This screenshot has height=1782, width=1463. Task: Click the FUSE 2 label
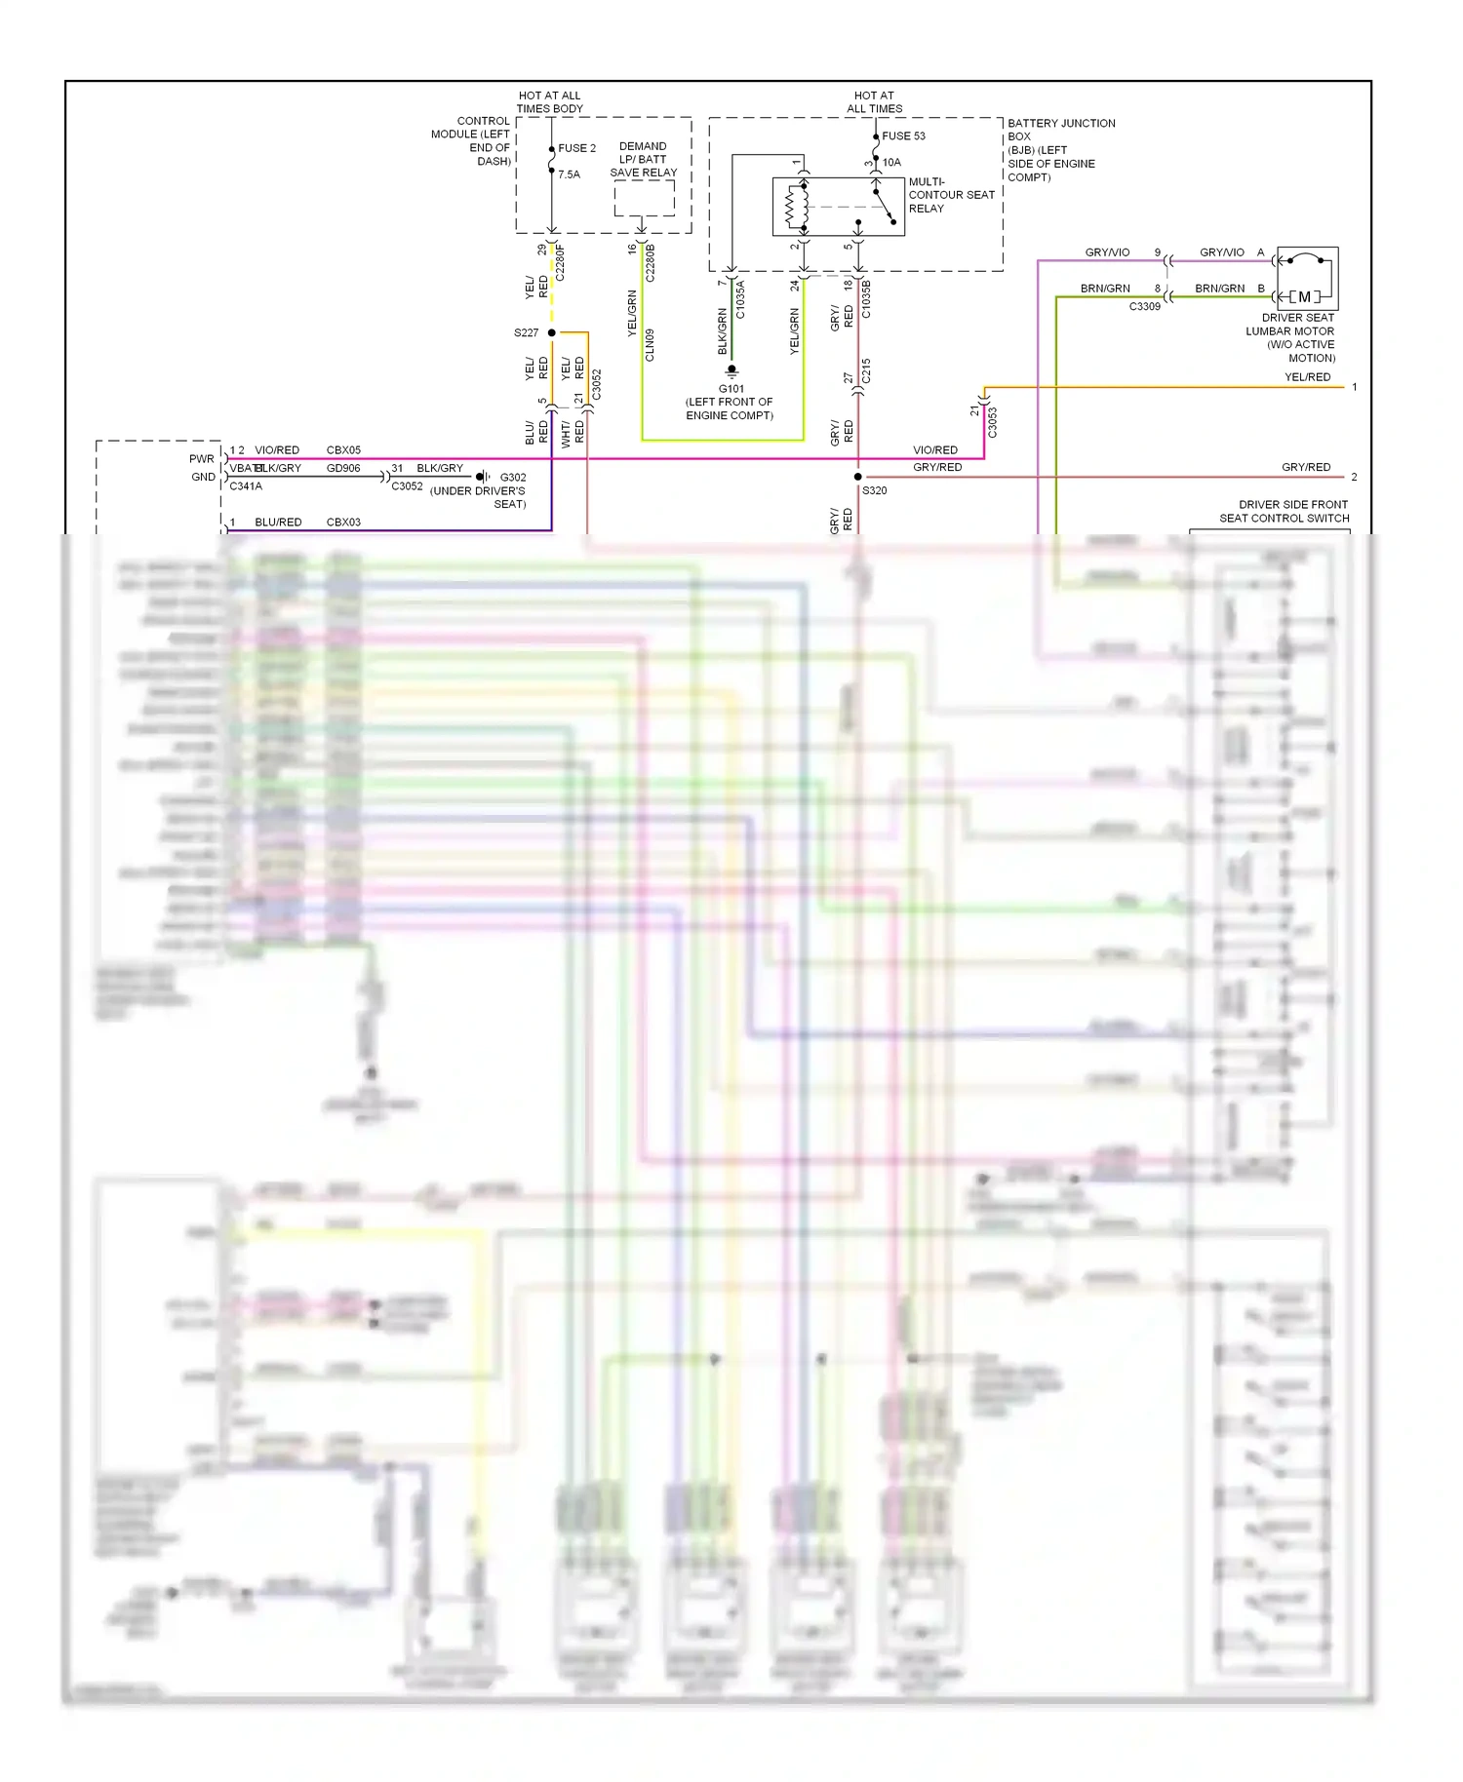[x=576, y=148]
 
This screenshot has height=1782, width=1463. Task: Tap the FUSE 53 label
[x=903, y=136]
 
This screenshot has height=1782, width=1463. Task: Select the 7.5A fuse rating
[x=569, y=174]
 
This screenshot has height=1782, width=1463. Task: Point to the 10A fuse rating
[x=891, y=162]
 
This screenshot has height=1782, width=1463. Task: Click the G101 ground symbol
[x=731, y=371]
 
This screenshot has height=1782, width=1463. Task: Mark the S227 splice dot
[x=552, y=332]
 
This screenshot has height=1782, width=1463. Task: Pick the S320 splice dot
[x=858, y=477]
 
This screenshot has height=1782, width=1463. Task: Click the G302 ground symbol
[x=482, y=477]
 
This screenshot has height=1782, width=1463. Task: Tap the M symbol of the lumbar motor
[x=1304, y=296]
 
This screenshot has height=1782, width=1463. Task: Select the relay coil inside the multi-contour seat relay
[x=792, y=206]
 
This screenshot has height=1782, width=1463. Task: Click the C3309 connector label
[x=1145, y=306]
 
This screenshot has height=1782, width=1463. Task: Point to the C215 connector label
[x=866, y=371]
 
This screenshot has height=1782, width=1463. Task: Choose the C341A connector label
[x=246, y=485]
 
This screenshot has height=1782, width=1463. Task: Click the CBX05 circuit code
[x=343, y=450]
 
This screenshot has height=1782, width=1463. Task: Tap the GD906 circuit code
[x=343, y=468]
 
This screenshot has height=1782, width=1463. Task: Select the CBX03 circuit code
[x=343, y=523]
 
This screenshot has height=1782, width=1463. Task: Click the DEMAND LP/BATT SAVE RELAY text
[x=643, y=159]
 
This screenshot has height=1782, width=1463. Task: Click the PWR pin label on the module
[x=202, y=459]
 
